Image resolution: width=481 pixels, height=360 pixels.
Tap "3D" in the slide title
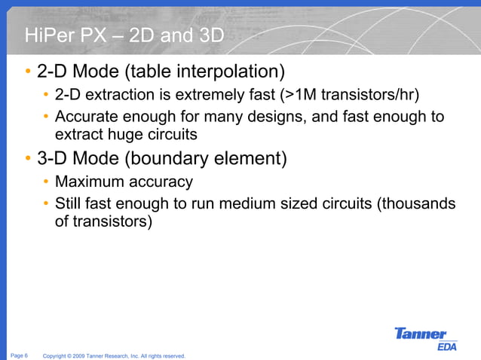[205, 35]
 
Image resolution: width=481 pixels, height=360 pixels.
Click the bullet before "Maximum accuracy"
[46, 182]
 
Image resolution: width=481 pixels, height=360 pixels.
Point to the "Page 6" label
[20, 355]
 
